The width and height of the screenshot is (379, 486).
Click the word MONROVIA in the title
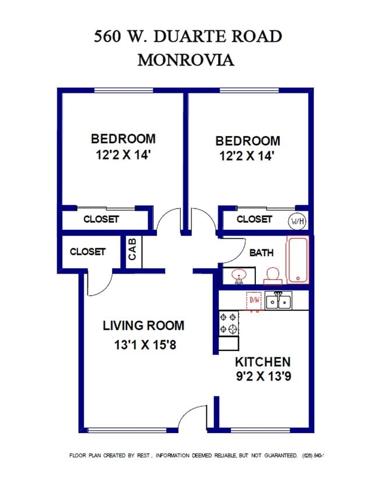(185, 60)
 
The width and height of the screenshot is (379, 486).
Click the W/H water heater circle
(297, 221)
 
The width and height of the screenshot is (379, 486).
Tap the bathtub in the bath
(297, 260)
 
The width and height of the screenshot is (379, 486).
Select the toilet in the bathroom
(272, 275)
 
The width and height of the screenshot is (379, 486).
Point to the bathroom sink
(238, 275)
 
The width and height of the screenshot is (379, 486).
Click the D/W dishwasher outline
(254, 300)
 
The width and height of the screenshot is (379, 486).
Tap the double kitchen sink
(279, 301)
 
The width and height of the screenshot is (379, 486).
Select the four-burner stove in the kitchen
(228, 324)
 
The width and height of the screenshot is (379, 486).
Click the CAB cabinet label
(132, 249)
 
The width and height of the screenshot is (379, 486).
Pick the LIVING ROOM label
(143, 325)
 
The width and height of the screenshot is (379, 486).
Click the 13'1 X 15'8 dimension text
(145, 345)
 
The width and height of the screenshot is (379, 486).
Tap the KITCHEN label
(262, 361)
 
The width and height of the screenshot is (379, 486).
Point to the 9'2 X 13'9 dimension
(263, 376)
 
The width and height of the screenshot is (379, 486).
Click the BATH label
(261, 253)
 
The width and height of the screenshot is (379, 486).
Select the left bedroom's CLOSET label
(101, 219)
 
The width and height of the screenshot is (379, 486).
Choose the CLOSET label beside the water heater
(254, 219)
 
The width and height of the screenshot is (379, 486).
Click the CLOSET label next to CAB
(87, 251)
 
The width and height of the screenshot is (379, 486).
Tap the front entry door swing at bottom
(192, 418)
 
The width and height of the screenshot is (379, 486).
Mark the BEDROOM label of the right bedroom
(247, 141)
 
